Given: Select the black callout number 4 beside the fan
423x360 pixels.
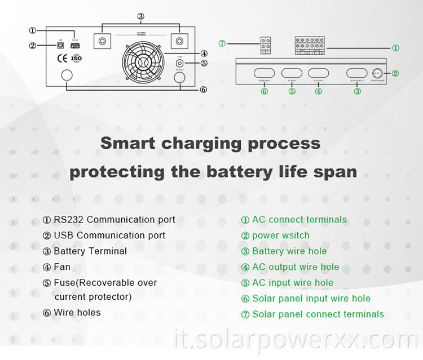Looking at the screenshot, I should point(204,54).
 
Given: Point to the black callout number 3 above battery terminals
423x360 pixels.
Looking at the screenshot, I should point(141,16).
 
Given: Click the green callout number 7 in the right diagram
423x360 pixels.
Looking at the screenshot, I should point(222,43).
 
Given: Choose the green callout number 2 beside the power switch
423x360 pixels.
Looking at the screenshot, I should point(395,73).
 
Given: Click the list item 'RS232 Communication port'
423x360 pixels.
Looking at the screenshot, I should point(114,220).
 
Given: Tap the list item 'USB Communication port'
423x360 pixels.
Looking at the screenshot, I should point(109,235).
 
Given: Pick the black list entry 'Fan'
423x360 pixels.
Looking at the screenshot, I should point(62,267).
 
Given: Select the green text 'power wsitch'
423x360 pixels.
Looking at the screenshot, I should point(280,235).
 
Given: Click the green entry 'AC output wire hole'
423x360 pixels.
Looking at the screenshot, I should point(296,267).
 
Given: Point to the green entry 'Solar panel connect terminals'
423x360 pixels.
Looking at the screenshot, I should point(318,314).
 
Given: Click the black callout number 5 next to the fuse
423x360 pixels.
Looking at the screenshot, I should point(204,63).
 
